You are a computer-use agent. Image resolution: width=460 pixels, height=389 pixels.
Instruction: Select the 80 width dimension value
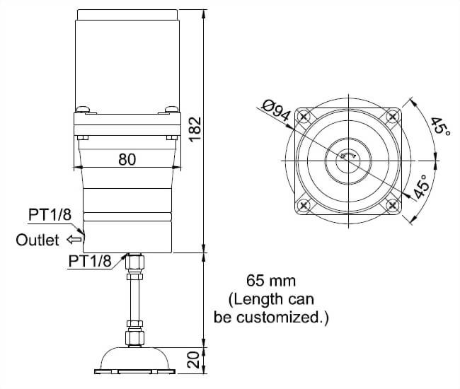pyautogui.click(x=127, y=160)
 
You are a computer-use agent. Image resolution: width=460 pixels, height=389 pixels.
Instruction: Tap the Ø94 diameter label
pyautogui.click(x=277, y=113)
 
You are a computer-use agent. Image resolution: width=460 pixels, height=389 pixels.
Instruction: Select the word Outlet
pyautogui.click(x=38, y=240)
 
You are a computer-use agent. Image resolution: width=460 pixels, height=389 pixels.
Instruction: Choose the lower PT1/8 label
pyautogui.click(x=90, y=261)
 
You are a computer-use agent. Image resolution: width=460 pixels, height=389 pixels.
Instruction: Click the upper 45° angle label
pyautogui.click(x=440, y=127)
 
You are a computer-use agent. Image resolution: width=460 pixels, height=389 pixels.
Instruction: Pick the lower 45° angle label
pyautogui.click(x=422, y=187)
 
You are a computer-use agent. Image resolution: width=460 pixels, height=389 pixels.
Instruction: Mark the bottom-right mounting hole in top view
pyautogui.click(x=392, y=205)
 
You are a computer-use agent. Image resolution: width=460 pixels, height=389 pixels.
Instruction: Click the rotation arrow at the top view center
pyautogui.click(x=347, y=156)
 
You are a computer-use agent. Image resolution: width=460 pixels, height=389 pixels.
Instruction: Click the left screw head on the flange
pyautogui.click(x=84, y=108)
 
